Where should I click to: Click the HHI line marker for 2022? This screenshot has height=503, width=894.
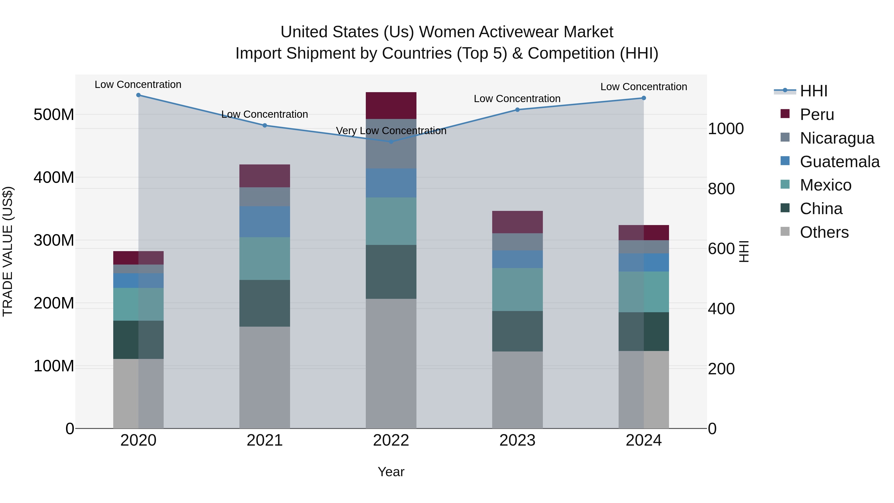tap(391, 142)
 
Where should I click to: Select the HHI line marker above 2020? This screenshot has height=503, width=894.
tap(139, 95)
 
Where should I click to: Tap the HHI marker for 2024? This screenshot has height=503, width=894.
tap(643, 98)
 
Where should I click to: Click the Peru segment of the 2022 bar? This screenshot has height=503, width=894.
tap(391, 106)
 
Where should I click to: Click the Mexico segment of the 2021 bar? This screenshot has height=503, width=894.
tap(264, 258)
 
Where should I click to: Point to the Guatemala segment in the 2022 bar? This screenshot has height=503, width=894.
tap(391, 183)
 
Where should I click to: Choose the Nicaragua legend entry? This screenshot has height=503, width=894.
tap(836, 138)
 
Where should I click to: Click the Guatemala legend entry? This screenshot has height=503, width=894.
tap(839, 162)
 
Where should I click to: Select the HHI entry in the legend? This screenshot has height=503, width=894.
tap(813, 91)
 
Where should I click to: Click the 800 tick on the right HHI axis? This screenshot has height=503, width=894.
tap(721, 189)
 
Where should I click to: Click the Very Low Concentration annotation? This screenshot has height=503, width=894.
tap(391, 131)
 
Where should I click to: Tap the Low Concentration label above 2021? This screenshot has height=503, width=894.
tap(264, 114)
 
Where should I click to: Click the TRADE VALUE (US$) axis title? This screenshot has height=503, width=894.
tap(8, 251)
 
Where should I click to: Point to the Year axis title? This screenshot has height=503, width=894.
tap(391, 472)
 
